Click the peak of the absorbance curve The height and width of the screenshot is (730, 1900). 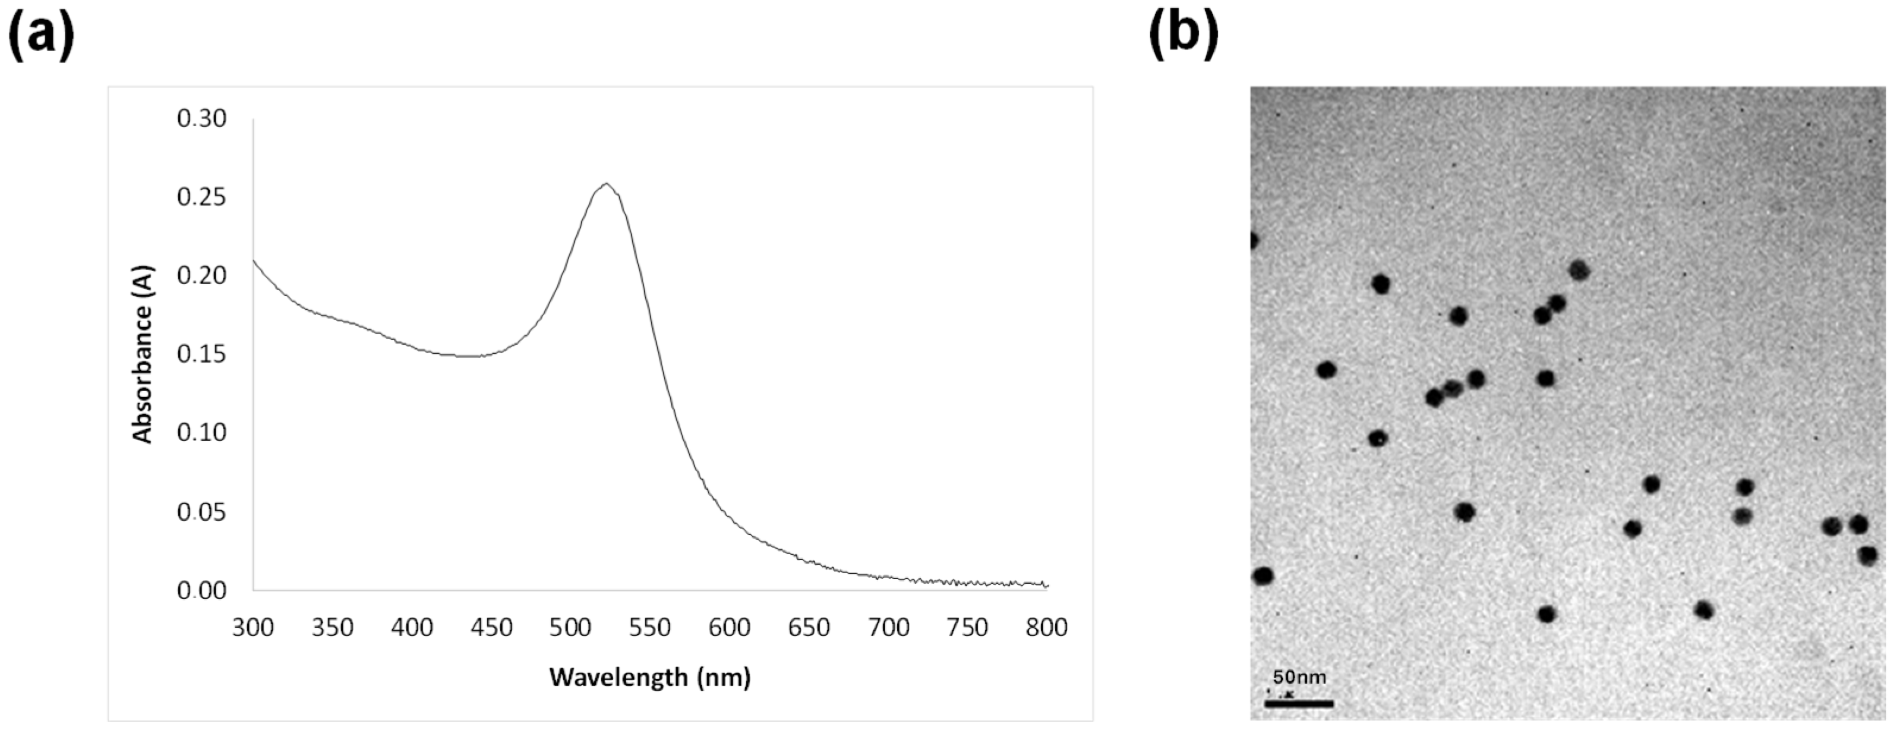coord(606,184)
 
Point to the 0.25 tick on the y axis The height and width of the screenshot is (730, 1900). coord(201,197)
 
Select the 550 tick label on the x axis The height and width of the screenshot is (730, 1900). coord(650,628)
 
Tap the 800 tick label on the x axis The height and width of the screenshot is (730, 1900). coord(1047,628)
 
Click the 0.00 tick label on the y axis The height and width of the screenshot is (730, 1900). coord(201,590)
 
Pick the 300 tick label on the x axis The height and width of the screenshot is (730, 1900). coord(253,628)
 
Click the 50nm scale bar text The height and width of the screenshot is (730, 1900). coord(1299,677)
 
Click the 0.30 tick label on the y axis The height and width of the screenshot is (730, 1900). coord(201,118)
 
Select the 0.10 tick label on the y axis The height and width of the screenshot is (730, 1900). coord(201,433)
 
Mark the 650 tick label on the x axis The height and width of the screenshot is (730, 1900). coord(809,628)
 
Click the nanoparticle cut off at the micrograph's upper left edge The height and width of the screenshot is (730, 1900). coord(1254,241)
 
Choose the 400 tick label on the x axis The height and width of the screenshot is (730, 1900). coord(412,628)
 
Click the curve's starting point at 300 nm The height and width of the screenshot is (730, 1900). coord(254,260)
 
